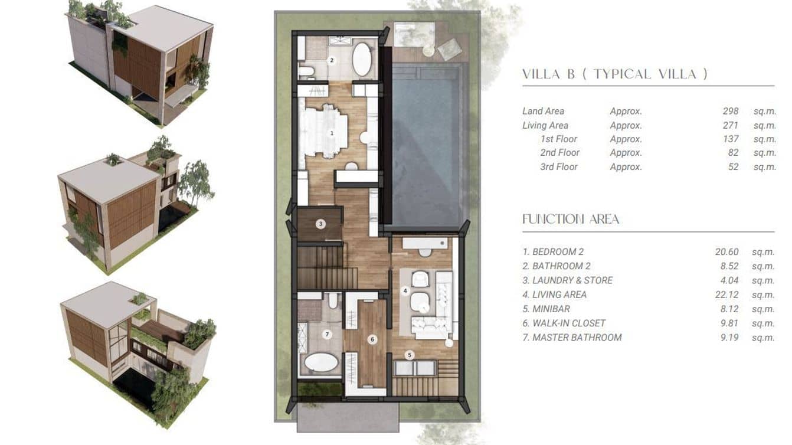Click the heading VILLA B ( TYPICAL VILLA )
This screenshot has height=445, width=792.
coord(614,74)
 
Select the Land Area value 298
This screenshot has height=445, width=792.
coord(730,111)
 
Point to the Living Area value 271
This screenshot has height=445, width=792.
coord(730,125)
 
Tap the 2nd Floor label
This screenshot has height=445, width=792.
coord(559,153)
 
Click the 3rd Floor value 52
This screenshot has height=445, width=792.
coord(733,167)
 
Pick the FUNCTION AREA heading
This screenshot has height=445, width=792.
coord(570,220)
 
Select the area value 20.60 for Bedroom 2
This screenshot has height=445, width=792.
coord(726,252)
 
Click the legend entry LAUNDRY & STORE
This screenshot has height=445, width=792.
coord(572,280)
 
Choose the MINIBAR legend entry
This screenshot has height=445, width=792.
coord(551,309)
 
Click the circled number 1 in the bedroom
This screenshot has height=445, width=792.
coord(332,133)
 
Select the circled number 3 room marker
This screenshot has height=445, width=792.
coord(320,224)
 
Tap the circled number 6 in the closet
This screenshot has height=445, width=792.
coord(372,339)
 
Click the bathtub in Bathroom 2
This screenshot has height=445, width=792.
coord(362,59)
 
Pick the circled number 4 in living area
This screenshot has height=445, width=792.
coord(405,290)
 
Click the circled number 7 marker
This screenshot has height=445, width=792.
coord(328,335)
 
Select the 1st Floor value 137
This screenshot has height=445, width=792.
coord(730,139)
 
